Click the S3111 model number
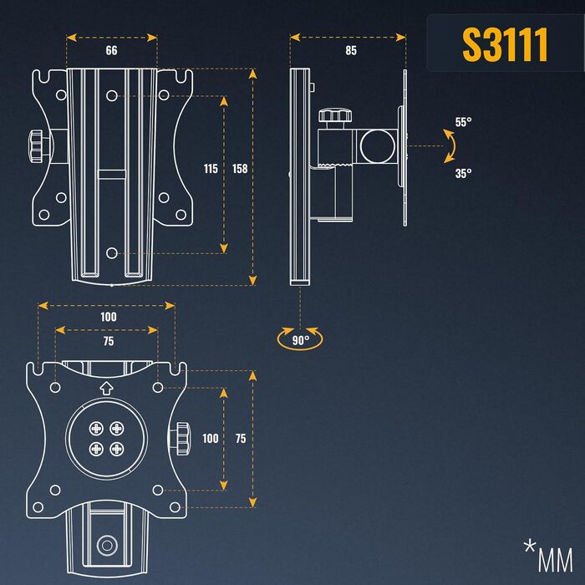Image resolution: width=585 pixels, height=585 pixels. point(505,44)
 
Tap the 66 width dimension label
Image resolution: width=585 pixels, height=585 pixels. point(111,50)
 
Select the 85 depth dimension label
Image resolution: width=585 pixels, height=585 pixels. point(351,50)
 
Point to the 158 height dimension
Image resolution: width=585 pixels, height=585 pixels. point(240,169)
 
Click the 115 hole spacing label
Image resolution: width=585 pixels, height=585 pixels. point(211,169)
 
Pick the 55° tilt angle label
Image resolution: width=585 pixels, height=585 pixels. point(463,122)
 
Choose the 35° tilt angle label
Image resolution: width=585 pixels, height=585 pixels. point(463,173)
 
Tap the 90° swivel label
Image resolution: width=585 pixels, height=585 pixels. point(301,340)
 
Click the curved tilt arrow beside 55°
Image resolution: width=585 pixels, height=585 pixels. point(453,146)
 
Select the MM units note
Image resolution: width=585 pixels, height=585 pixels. point(548,556)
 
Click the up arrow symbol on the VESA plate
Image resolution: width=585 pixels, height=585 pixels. point(106,389)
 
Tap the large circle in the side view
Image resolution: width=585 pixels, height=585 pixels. point(378,146)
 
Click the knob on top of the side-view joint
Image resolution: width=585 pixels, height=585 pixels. point(334,119)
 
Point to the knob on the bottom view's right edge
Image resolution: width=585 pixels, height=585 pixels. point(181,439)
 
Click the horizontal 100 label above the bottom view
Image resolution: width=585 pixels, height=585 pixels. point(109,317)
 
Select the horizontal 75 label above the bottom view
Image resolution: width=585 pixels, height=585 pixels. point(109,341)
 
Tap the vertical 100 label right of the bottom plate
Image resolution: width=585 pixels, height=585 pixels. point(211,439)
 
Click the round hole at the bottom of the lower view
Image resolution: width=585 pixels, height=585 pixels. point(107,546)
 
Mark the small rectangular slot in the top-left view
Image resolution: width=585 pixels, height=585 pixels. point(111,174)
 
